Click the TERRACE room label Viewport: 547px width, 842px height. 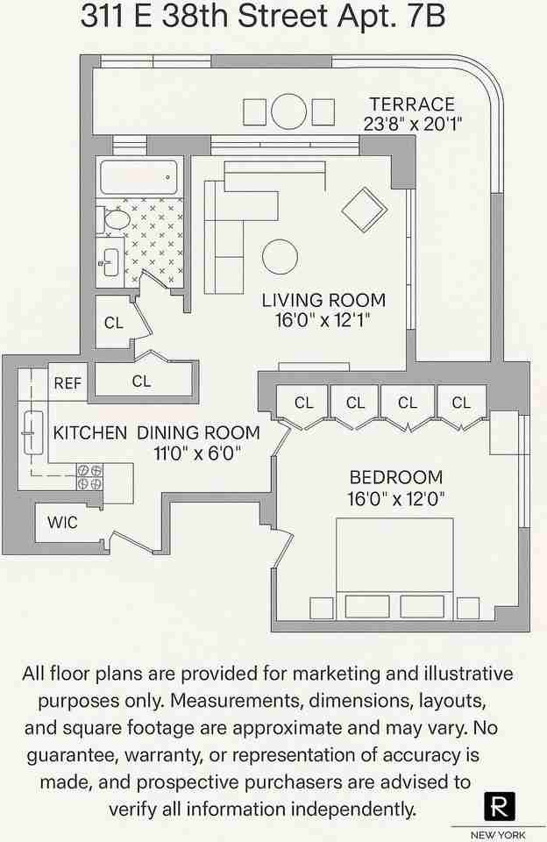411,104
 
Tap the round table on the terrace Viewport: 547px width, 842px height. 288,111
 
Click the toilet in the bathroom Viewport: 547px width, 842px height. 113,219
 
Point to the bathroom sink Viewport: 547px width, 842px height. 110,261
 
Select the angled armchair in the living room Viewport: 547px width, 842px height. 364,210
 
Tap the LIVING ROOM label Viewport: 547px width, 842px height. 323,301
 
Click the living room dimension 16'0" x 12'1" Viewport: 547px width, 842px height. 323,320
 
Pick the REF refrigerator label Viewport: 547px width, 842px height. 67,383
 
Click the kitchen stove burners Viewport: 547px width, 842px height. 89,476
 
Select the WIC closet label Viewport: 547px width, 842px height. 62,523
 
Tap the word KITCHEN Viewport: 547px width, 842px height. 90,432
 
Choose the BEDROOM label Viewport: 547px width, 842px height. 396,478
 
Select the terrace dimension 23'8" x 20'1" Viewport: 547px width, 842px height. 413,124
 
